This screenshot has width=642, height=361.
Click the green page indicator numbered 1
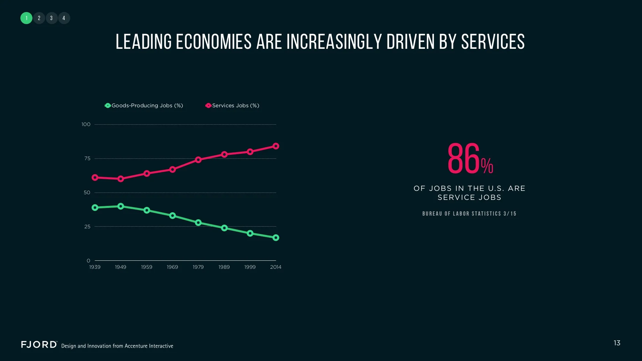26,18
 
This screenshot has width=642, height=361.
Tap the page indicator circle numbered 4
64,18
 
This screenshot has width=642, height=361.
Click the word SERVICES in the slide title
493,42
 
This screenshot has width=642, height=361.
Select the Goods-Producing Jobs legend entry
144,106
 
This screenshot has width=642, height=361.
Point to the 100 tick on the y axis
86,124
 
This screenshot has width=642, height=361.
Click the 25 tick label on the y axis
87,227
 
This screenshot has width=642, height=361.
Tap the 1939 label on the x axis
95,267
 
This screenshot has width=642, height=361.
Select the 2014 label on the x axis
276,267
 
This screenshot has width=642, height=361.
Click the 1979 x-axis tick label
198,267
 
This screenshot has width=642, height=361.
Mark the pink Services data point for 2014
276,146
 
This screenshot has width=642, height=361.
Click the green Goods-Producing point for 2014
276,238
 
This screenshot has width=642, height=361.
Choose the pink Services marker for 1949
121,179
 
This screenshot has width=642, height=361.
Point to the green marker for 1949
121,206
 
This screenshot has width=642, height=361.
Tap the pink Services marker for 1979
198,160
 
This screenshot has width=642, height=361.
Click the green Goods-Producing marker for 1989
224,228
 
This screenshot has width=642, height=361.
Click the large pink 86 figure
463,158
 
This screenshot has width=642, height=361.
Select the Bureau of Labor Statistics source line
469,214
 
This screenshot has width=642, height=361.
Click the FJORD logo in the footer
39,345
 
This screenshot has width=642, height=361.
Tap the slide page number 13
617,343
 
